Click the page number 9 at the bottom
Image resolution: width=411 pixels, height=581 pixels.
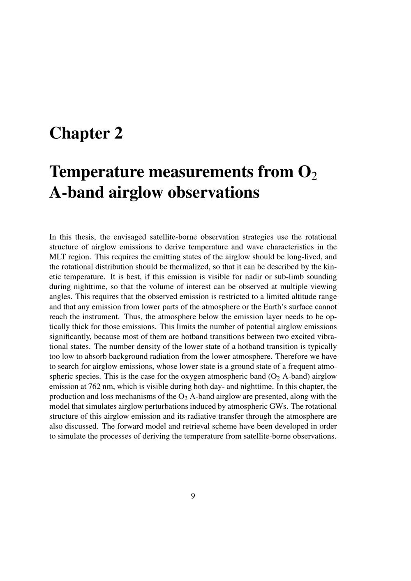pos(193,496)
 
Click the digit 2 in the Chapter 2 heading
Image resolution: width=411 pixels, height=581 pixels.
pos(118,133)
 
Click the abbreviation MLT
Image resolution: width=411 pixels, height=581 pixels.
pos(56,257)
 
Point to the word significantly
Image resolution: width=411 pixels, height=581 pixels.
pos(70,337)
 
